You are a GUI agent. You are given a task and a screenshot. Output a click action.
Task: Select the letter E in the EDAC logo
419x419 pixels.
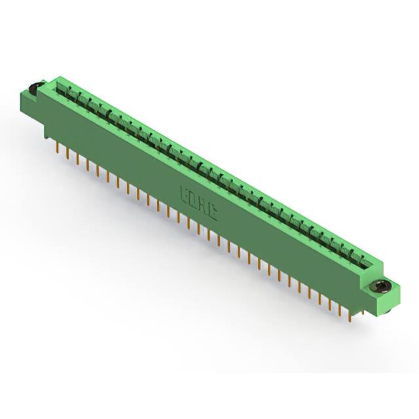click(x=185, y=194)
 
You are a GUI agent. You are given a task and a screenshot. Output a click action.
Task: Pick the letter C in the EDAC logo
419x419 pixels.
click(x=213, y=209)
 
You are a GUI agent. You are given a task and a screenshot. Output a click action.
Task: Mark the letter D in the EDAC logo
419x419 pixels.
click(x=194, y=198)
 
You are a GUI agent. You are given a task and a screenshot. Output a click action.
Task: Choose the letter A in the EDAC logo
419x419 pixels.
click(x=204, y=204)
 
